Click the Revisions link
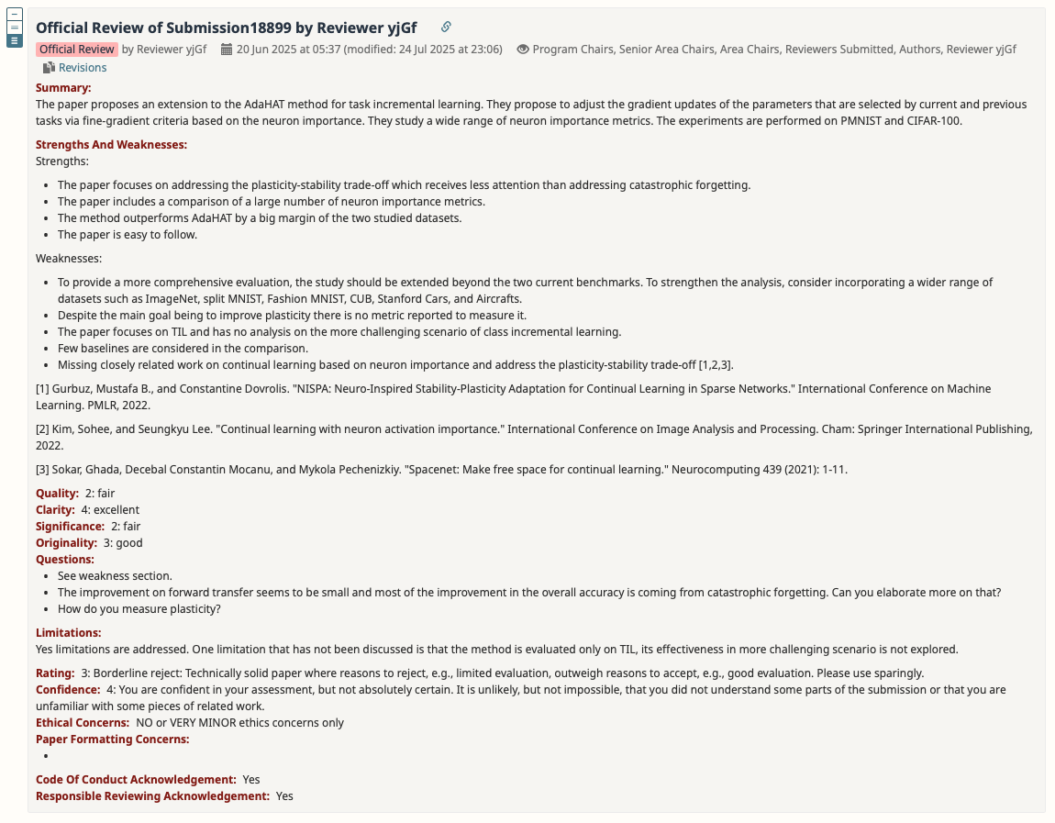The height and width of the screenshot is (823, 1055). [x=82, y=68]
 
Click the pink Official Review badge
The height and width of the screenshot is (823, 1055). [x=77, y=50]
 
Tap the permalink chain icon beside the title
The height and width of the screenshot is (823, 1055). [x=446, y=28]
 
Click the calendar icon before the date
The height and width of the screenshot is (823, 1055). [x=227, y=50]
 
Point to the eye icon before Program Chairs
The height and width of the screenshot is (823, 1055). [x=523, y=50]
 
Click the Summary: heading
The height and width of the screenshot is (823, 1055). [x=63, y=88]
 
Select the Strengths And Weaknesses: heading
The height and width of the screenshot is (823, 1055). [x=111, y=145]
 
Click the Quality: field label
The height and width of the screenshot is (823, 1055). [x=57, y=494]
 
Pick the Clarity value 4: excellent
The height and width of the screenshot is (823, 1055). [x=110, y=510]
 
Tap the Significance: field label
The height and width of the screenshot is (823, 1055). [x=70, y=527]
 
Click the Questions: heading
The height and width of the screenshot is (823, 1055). [x=65, y=560]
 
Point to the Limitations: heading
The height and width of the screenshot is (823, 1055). [x=68, y=633]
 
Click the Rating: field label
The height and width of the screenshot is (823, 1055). [x=55, y=673]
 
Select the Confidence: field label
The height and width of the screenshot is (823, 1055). [x=68, y=690]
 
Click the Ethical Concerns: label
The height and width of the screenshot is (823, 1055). [x=82, y=723]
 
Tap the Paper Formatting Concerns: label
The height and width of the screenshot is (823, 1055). [x=112, y=740]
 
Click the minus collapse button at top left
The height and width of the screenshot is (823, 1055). [x=15, y=14]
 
